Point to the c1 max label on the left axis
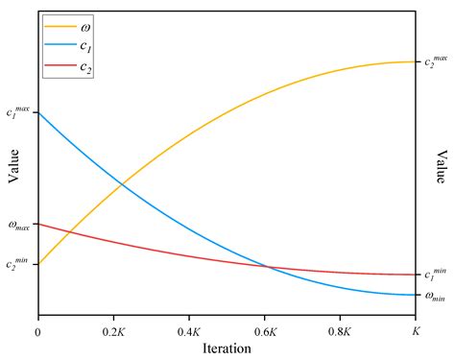(x=18, y=112)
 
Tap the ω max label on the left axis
(x=18, y=226)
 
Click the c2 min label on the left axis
(x=17, y=263)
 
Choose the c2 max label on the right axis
(x=437, y=62)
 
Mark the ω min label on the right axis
(x=436, y=297)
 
